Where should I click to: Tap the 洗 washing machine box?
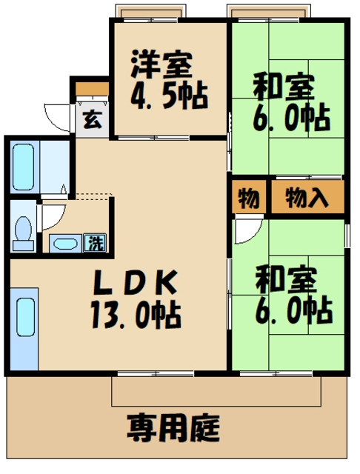point(96,241)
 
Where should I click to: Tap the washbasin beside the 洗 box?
point(68,242)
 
